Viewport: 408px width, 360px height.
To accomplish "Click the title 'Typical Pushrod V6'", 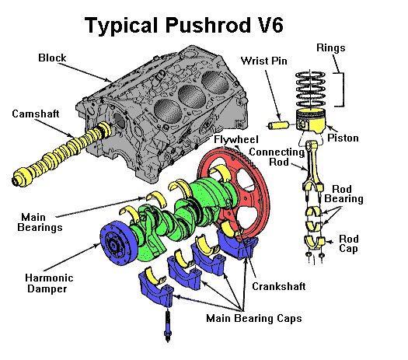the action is pyautogui.click(x=184, y=25).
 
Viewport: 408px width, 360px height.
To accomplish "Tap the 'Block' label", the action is pyautogui.click(x=52, y=58).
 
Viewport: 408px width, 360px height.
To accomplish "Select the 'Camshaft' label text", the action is pyautogui.click(x=36, y=114).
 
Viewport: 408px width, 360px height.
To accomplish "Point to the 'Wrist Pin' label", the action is pyautogui.click(x=264, y=61).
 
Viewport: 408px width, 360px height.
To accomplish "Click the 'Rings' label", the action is pyautogui.click(x=331, y=48).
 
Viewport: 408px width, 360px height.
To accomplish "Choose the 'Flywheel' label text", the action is pyautogui.click(x=236, y=140).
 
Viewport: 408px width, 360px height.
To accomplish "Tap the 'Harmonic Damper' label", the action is pyautogui.click(x=49, y=283).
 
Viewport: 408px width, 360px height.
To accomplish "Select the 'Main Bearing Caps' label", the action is pyautogui.click(x=254, y=318).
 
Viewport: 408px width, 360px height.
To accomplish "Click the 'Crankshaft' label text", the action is pyautogui.click(x=279, y=286).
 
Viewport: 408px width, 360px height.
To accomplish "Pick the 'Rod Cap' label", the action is pyautogui.click(x=349, y=243).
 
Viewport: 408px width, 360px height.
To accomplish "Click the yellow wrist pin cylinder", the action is pyautogui.click(x=279, y=125).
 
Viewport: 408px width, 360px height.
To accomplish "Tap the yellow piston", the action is pyautogui.click(x=311, y=121).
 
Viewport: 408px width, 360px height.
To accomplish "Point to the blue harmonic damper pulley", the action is pyautogui.click(x=117, y=243).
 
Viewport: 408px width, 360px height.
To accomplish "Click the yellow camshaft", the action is pyautogui.click(x=61, y=154).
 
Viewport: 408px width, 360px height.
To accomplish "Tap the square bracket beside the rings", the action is pyautogui.click(x=342, y=89).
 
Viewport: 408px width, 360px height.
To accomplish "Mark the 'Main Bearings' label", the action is pyautogui.click(x=40, y=222).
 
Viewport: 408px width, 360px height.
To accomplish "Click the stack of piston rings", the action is pyautogui.click(x=310, y=89).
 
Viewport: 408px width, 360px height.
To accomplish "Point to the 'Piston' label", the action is pyautogui.click(x=343, y=138).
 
